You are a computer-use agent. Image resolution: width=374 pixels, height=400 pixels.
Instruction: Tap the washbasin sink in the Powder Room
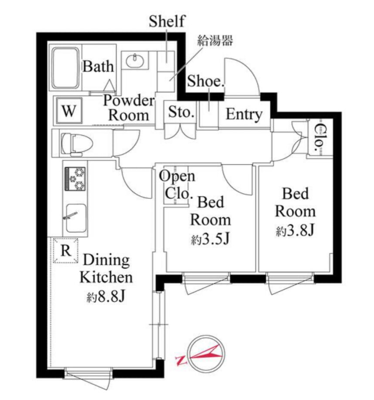coord(135,61)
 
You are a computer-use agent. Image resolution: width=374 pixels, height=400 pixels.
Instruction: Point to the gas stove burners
coord(75,179)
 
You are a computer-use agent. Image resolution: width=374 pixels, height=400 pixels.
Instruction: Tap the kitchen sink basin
coord(76,218)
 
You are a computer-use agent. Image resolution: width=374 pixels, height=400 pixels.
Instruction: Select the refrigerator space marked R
coord(66,250)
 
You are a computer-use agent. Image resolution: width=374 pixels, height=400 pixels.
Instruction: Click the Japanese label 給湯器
coord(215,40)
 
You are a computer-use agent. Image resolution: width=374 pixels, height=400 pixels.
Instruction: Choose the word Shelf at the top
coord(167,21)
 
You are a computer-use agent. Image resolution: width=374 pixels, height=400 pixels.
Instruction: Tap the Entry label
coord(244,115)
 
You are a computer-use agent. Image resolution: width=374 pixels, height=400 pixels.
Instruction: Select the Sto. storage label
coord(181,112)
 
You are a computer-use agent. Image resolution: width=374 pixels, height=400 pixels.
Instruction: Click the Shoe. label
coord(206,81)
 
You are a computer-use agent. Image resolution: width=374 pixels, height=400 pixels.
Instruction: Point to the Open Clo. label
coord(177,185)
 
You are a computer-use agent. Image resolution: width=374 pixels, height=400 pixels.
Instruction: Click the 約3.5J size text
coord(210,239)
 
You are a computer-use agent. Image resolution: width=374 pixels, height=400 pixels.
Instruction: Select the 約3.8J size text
coord(295,230)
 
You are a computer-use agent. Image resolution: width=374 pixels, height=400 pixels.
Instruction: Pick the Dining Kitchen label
coord(106,268)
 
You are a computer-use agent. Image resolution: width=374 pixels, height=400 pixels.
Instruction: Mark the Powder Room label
coord(129,108)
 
